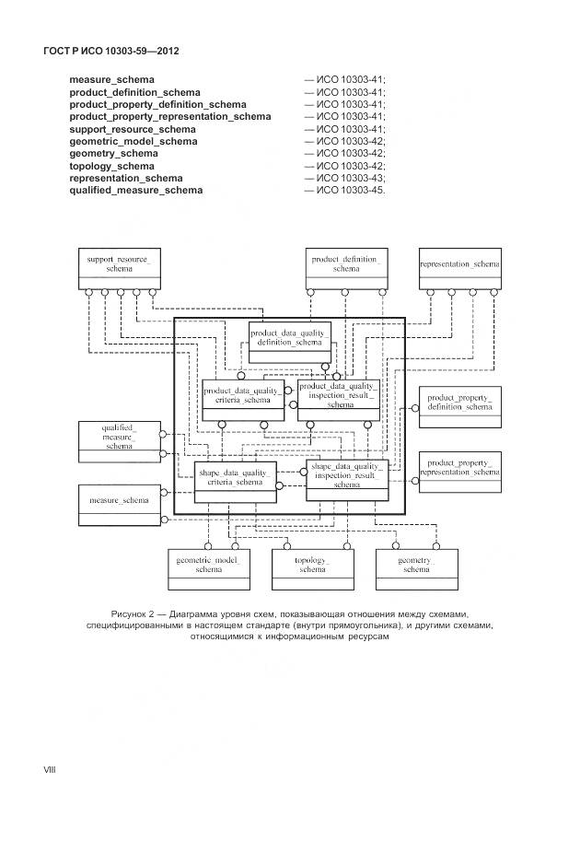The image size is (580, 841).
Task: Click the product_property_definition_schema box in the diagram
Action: (x=459, y=406)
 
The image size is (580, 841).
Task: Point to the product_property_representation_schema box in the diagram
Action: (x=459, y=471)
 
